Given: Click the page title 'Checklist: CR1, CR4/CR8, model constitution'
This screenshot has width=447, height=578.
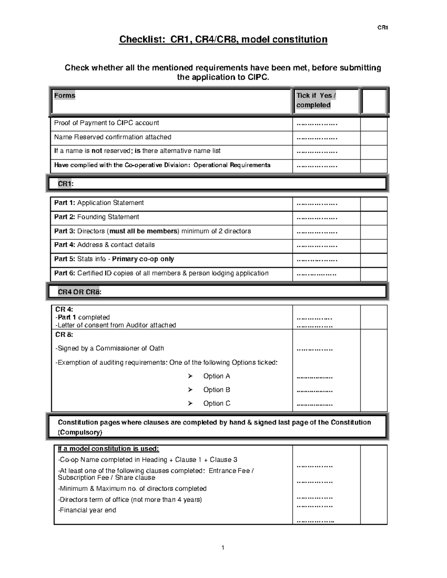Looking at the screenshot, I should [x=223, y=39].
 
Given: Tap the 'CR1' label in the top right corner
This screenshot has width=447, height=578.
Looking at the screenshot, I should [x=383, y=28].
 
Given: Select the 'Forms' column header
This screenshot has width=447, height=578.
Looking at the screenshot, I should [x=64, y=96].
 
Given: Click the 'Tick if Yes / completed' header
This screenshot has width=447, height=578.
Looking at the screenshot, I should [x=316, y=100].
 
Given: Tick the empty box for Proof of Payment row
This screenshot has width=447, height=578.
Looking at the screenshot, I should [x=374, y=124].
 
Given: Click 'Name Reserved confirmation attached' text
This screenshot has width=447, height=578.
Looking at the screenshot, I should [x=112, y=137].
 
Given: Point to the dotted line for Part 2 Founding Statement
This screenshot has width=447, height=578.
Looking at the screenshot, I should [x=317, y=218].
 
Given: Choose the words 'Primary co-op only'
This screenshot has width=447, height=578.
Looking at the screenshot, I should [x=143, y=259].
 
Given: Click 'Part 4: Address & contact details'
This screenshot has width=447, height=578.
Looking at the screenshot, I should [x=104, y=245].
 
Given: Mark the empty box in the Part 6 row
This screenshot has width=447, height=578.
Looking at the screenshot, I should [x=374, y=274].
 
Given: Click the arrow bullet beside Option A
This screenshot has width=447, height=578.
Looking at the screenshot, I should [x=190, y=376].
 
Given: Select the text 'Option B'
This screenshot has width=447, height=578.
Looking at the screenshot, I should [x=216, y=390].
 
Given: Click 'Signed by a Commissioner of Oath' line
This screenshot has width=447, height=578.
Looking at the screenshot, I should [x=110, y=348].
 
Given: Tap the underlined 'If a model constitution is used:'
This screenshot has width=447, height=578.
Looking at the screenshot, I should [x=108, y=449].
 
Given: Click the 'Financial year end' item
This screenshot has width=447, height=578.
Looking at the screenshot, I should [x=87, y=510].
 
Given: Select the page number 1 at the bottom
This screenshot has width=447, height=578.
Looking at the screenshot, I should [x=223, y=547].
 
